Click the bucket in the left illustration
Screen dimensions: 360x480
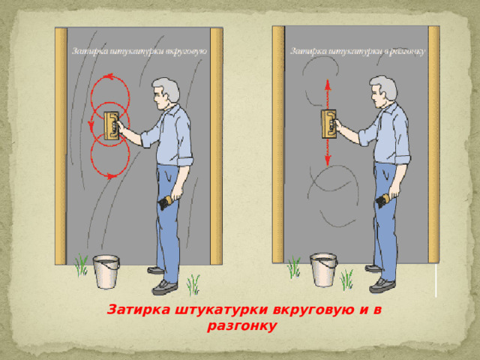click(106, 273)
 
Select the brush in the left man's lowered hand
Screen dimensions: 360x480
click(166, 204)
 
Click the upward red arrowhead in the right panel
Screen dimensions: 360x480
click(328, 84)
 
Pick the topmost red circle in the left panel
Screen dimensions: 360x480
click(109, 93)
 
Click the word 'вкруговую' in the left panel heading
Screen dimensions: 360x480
click(187, 52)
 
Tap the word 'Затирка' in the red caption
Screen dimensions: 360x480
click(134, 310)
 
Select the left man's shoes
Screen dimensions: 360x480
click(161, 282)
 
